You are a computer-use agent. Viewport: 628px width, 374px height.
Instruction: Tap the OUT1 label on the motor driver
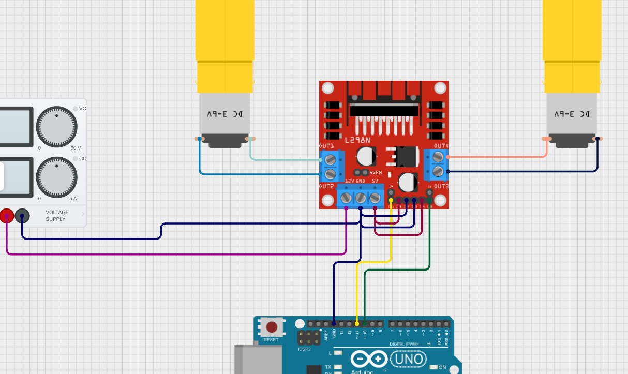point(327,146)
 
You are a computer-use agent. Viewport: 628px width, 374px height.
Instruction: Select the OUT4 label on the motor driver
point(441,146)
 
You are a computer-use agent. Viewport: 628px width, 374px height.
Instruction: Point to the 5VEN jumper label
point(376,172)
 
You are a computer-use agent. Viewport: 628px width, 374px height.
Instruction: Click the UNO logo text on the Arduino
point(408,358)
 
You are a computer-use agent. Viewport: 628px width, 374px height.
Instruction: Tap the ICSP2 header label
point(304,349)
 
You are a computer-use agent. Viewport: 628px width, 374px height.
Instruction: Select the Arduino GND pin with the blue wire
point(334,324)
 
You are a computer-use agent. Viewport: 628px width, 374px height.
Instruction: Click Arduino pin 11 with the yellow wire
point(357,324)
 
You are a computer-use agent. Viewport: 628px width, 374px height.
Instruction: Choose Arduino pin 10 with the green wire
point(365,324)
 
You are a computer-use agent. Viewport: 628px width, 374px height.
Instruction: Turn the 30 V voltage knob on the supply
point(57,127)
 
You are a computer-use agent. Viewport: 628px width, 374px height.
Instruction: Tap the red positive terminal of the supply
point(6,216)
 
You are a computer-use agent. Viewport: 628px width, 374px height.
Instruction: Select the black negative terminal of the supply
point(22,216)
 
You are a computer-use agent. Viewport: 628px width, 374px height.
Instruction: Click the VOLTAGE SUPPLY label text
point(57,216)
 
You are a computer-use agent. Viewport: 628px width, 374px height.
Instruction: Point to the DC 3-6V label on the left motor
point(225,114)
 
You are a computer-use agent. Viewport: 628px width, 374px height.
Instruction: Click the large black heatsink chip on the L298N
point(383,109)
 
